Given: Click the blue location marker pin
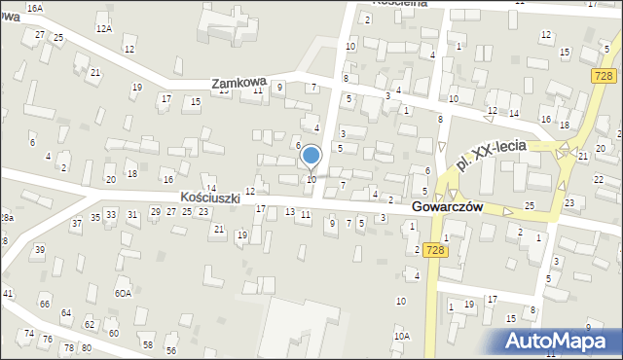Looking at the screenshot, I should tap(311, 155).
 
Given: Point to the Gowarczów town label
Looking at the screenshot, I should tap(448, 207).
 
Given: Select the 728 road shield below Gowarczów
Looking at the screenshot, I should tap(437, 250).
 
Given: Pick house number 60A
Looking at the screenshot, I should tap(123, 293).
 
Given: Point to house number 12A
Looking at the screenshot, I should tap(103, 29).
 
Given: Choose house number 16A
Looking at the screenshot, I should tap(35, 8).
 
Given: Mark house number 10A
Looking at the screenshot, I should tap(401, 336).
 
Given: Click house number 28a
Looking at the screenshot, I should tap(6, 218).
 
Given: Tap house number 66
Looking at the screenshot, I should tap(45, 304).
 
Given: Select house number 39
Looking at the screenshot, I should tap(40, 250).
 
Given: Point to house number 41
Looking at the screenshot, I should tap(7, 293).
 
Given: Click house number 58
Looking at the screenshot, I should tap(148, 344).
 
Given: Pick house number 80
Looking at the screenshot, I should tap(86, 347).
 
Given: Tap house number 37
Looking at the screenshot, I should tap(77, 223).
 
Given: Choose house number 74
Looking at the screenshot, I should tap(30, 334).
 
